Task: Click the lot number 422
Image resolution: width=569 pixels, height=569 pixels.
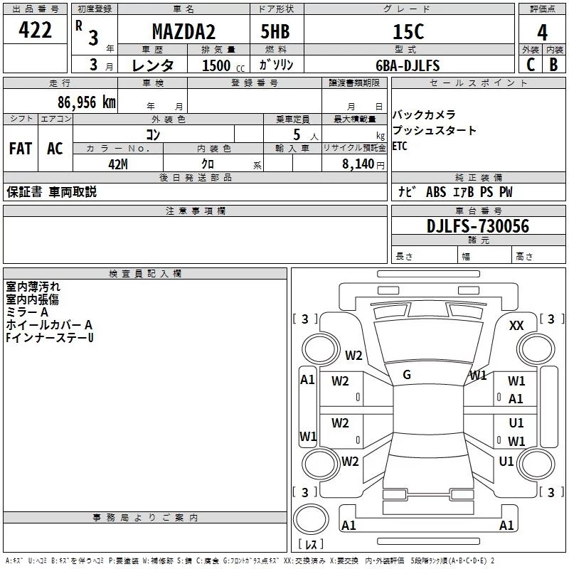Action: (x=35, y=30)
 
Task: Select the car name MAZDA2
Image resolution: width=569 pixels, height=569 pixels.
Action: (x=183, y=31)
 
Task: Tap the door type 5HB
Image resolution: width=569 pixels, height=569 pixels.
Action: (x=274, y=31)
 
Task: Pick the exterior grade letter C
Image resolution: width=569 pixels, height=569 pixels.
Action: (x=531, y=65)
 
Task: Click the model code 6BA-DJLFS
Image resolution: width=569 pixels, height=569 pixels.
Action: (x=407, y=65)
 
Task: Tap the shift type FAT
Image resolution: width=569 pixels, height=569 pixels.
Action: (x=20, y=148)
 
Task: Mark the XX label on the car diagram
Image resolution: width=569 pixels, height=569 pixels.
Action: (x=516, y=325)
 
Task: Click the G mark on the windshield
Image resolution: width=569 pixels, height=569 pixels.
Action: (x=407, y=374)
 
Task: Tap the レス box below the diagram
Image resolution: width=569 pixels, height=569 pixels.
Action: (x=311, y=545)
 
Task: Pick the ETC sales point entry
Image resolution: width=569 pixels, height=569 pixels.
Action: (x=400, y=147)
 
